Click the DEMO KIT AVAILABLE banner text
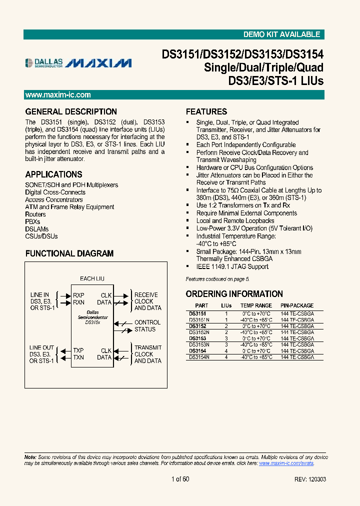pos(281,34)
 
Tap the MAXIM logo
pos(99,63)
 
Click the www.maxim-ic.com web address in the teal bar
pos(58,95)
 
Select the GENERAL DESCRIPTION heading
pos(71,111)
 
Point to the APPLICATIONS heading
pos(53,174)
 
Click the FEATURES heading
pos(206,111)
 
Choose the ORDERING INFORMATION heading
pos(234,294)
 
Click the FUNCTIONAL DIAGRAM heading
pos(69,253)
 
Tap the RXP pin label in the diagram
pos(78,295)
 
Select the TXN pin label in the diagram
pos(78,357)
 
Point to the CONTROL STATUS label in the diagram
pos(147,326)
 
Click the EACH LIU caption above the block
pos(92,278)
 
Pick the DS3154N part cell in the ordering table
pos(199,357)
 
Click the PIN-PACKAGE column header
pos(297,305)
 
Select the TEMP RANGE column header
pos(256,305)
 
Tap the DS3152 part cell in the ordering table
pos(197,326)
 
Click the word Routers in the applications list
pos(35,214)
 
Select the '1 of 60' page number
pos(180,479)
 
